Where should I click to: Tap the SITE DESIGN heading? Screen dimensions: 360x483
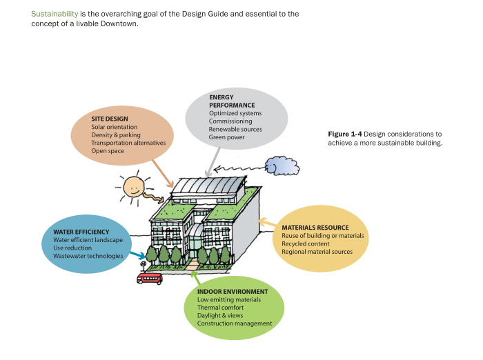(110, 119)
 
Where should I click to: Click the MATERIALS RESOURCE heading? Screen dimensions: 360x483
(315, 228)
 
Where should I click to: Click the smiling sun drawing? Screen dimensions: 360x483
(133, 184)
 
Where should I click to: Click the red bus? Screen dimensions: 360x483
(150, 278)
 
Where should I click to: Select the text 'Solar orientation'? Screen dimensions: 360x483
(115, 127)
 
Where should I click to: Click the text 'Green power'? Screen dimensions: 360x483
(227, 137)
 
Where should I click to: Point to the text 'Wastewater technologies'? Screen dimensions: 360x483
(88, 256)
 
